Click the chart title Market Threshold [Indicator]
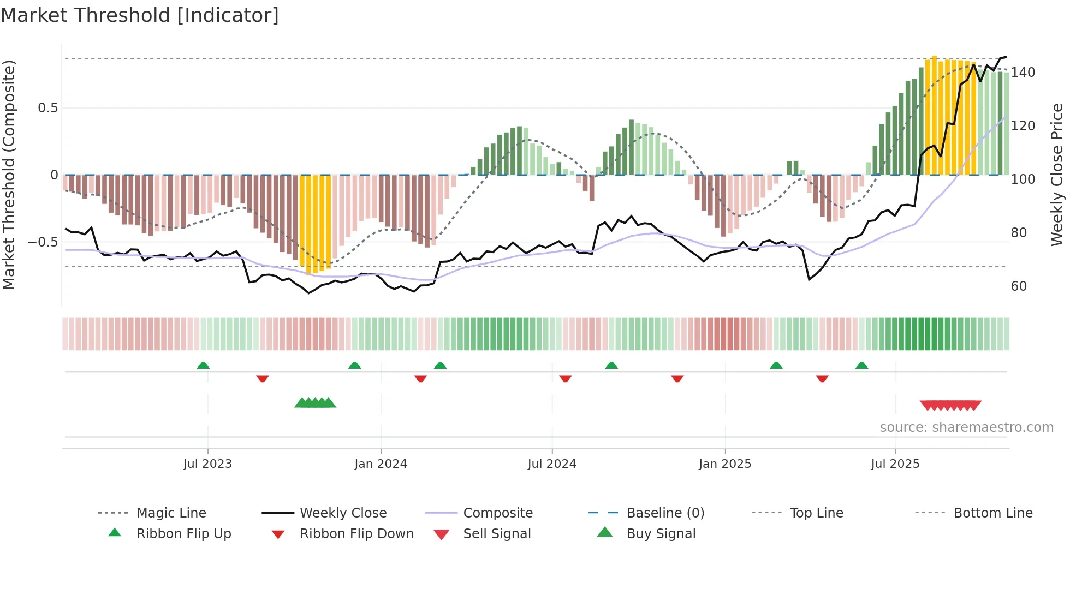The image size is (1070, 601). [140, 15]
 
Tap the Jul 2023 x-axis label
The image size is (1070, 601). [207, 464]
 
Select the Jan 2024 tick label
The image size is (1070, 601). [381, 464]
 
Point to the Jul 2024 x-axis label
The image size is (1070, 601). [551, 464]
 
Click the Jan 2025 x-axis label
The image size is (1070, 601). [724, 464]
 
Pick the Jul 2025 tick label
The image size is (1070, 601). [895, 464]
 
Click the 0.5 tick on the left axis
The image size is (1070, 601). [47, 108]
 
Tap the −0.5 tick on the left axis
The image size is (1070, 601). [43, 242]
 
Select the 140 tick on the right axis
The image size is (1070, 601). [1023, 73]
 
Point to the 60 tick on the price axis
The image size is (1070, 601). [1019, 286]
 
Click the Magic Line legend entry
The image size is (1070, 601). [171, 513]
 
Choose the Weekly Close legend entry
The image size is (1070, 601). [343, 513]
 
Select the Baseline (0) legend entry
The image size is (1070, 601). [665, 513]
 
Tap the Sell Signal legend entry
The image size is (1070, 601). [496, 534]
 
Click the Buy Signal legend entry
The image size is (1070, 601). [661, 534]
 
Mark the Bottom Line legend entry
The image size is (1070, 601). [992, 513]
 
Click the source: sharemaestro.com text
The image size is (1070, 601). [966, 428]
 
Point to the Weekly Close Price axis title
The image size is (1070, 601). [1057, 175]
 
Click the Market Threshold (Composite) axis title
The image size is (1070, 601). [9, 175]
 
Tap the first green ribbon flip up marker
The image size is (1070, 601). [203, 365]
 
